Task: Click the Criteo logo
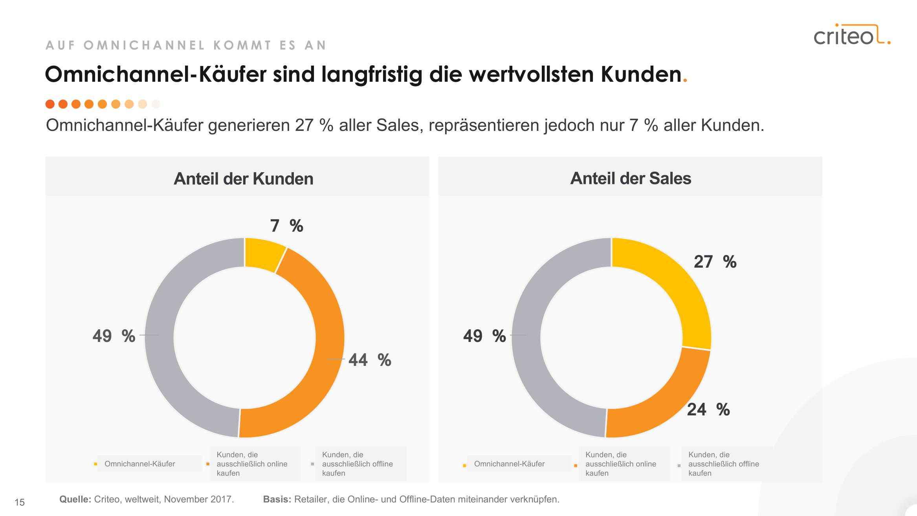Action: [x=851, y=35]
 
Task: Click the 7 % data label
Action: [x=286, y=226]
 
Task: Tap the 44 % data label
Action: [x=370, y=360]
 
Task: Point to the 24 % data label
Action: [x=708, y=409]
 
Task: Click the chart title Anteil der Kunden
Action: [x=244, y=179]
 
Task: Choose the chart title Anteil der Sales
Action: [x=631, y=178]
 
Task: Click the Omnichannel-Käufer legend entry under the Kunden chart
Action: [x=139, y=464]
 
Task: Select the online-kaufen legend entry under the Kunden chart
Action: [x=251, y=464]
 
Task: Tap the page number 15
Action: [x=20, y=502]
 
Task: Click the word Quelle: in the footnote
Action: [x=75, y=499]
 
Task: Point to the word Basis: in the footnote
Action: [x=277, y=499]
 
